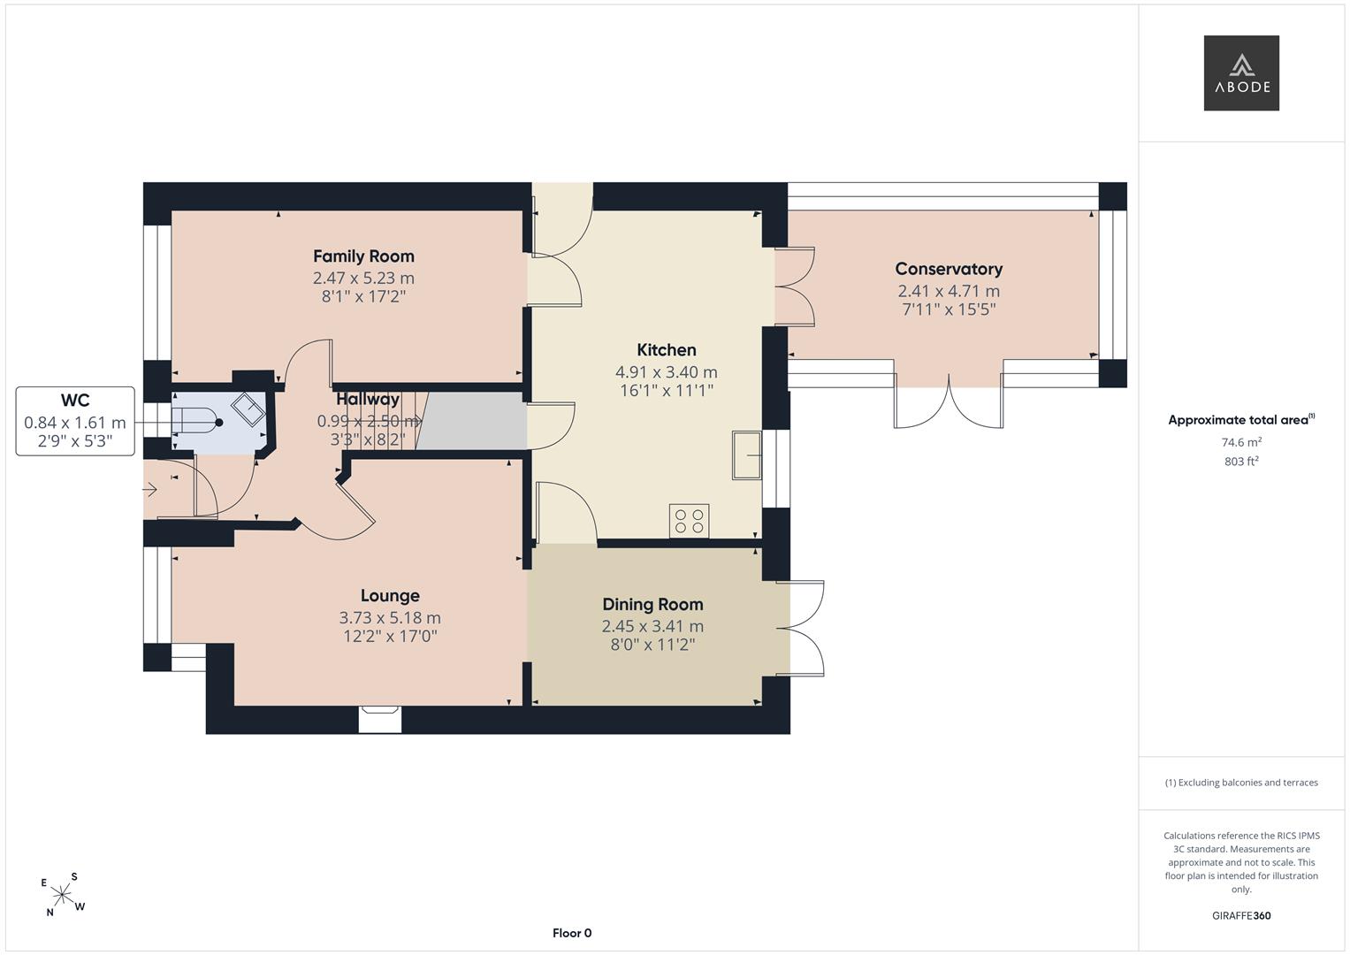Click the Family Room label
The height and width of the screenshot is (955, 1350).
pyautogui.click(x=363, y=256)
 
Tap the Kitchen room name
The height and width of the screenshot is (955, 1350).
pyautogui.click(x=666, y=349)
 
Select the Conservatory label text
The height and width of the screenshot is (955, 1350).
pyautogui.click(x=949, y=269)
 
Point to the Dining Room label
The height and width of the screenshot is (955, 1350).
pyautogui.click(x=652, y=604)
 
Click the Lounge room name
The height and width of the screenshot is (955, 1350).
pyautogui.click(x=390, y=596)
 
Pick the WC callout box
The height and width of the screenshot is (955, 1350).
pyautogui.click(x=75, y=421)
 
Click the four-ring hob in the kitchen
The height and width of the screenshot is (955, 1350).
pyautogui.click(x=689, y=521)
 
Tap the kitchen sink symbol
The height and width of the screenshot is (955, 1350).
pyautogui.click(x=747, y=455)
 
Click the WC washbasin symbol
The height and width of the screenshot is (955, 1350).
pyautogui.click(x=248, y=409)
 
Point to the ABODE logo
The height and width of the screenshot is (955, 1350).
pyautogui.click(x=1241, y=73)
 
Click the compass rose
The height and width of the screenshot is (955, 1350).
pyautogui.click(x=63, y=895)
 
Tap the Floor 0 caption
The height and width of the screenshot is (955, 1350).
pyautogui.click(x=572, y=933)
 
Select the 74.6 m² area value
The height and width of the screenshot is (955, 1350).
pyautogui.click(x=1241, y=442)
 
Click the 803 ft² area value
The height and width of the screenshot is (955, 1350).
pyautogui.click(x=1241, y=462)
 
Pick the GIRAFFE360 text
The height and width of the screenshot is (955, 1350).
pyautogui.click(x=1241, y=915)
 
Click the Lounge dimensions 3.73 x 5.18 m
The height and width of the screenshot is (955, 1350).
pyautogui.click(x=390, y=618)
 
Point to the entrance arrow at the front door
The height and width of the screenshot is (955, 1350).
pyautogui.click(x=149, y=490)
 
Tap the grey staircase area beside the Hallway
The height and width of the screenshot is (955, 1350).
pyautogui.click(x=471, y=421)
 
